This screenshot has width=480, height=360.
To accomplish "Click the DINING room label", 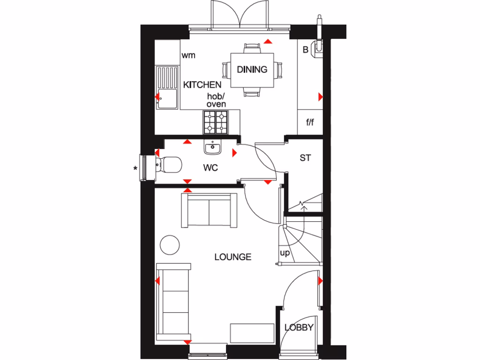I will pyautogui.click(x=252, y=69).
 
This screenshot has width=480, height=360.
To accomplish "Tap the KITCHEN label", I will pyautogui.click(x=202, y=85).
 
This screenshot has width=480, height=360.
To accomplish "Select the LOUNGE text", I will pyautogui.click(x=232, y=257).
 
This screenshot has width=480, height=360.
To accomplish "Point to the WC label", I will pyautogui.click(x=210, y=167).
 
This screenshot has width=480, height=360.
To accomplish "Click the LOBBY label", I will pyautogui.click(x=299, y=328).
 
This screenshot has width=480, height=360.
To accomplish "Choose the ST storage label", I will pyautogui.click(x=305, y=158).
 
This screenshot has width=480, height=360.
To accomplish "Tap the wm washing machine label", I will pyautogui.click(x=188, y=55).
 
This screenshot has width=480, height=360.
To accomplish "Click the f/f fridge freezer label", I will pyautogui.click(x=310, y=123).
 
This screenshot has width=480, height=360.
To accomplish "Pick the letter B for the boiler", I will pyautogui.click(x=305, y=50).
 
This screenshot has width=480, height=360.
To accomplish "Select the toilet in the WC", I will pyautogui.click(x=168, y=165).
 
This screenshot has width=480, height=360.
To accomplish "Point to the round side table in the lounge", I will pyautogui.click(x=169, y=244).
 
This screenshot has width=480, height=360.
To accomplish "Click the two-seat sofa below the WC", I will pyautogui.click(x=209, y=210).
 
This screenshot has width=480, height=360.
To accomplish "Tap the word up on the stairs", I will pyautogui.click(x=285, y=254).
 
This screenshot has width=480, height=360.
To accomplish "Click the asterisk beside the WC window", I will pyautogui.click(x=136, y=168).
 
